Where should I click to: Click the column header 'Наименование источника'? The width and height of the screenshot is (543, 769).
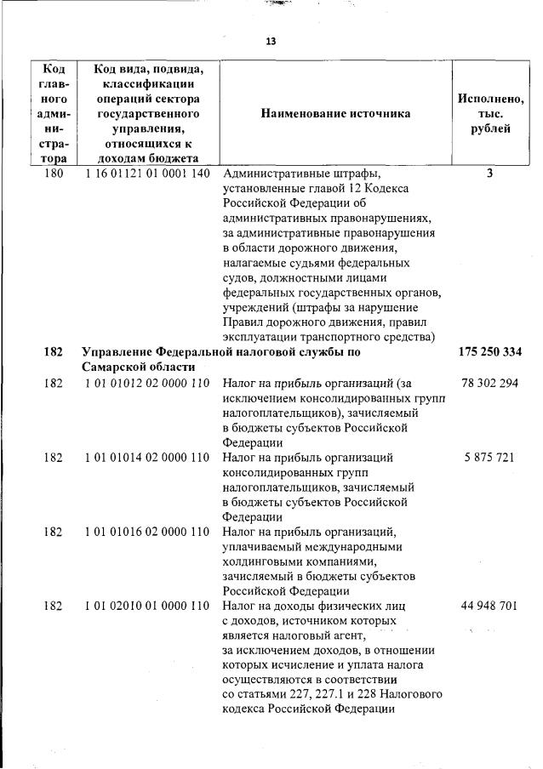click(335, 113)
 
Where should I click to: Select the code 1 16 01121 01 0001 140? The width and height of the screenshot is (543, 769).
click(146, 174)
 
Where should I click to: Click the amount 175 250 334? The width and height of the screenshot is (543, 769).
click(489, 351)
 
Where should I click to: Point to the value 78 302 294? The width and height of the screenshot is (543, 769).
click(489, 383)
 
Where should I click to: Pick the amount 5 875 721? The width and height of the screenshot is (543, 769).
click(489, 458)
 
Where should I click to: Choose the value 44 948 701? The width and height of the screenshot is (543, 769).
click(489, 607)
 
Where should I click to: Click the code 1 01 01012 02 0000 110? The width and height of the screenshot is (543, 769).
click(146, 383)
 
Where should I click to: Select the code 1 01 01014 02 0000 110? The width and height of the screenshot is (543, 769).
click(146, 458)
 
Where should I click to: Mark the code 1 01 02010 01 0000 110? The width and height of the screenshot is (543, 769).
click(146, 607)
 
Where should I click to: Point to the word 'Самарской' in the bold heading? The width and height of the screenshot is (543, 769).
click(116, 367)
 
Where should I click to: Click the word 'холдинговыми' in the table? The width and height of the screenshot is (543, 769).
click(262, 561)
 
